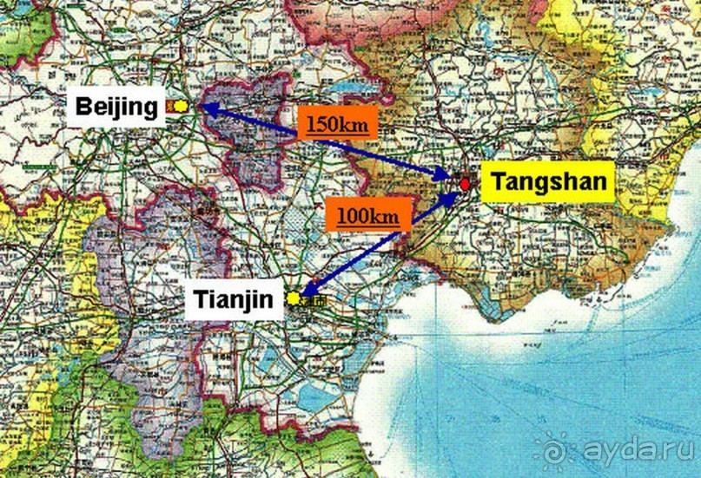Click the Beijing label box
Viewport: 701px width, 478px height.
(116, 108)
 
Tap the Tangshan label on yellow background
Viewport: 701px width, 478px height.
(547, 182)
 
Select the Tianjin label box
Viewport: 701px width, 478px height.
(237, 300)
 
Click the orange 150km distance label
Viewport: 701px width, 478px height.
(338, 123)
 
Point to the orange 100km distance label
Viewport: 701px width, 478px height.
(363, 213)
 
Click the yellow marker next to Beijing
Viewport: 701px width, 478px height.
(180, 106)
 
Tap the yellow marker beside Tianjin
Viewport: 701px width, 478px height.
(294, 298)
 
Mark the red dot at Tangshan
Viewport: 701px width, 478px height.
(465, 184)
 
